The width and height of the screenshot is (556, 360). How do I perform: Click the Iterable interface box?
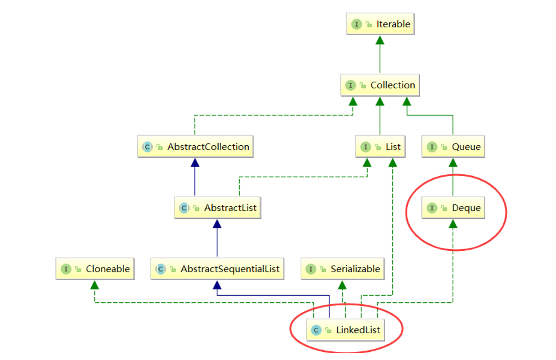(380, 24)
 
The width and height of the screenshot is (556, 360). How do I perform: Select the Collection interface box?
(380, 85)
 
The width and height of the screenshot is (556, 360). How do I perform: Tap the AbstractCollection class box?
(195, 147)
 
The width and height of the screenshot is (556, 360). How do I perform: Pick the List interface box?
(380, 147)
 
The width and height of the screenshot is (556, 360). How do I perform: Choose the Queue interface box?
(453, 147)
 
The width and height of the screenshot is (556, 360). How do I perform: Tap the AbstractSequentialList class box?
(217, 269)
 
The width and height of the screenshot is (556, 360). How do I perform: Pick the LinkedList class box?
(346, 330)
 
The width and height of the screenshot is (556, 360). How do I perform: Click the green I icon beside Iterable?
(356, 24)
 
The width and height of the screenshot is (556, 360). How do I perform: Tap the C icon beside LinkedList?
(316, 330)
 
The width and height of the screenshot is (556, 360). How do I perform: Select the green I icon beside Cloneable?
(66, 269)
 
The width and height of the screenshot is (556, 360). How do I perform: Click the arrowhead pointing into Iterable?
(380, 40)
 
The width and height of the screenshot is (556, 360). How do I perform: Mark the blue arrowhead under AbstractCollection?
(195, 162)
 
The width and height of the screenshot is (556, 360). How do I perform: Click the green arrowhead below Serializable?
(342, 284)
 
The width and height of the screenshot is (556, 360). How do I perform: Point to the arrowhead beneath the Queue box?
(453, 162)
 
